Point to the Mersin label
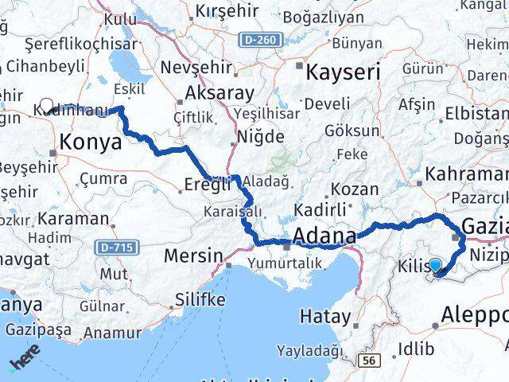192,255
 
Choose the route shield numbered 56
367,361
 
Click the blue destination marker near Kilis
435,266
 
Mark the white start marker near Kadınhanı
46,105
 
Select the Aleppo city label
477,312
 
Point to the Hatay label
324,316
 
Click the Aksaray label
220,93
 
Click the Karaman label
74,218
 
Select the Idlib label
418,348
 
